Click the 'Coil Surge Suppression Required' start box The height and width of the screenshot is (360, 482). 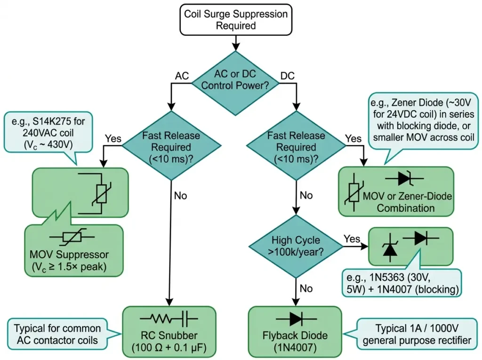pyautogui.click(x=235, y=19)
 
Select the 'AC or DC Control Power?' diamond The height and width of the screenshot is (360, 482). pyautogui.click(x=235, y=80)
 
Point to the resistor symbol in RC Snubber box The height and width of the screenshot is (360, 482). pyautogui.click(x=160, y=320)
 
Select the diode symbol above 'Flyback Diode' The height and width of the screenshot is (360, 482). pyautogui.click(x=295, y=319)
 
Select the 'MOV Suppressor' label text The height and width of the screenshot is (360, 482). pyautogui.click(x=69, y=255)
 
